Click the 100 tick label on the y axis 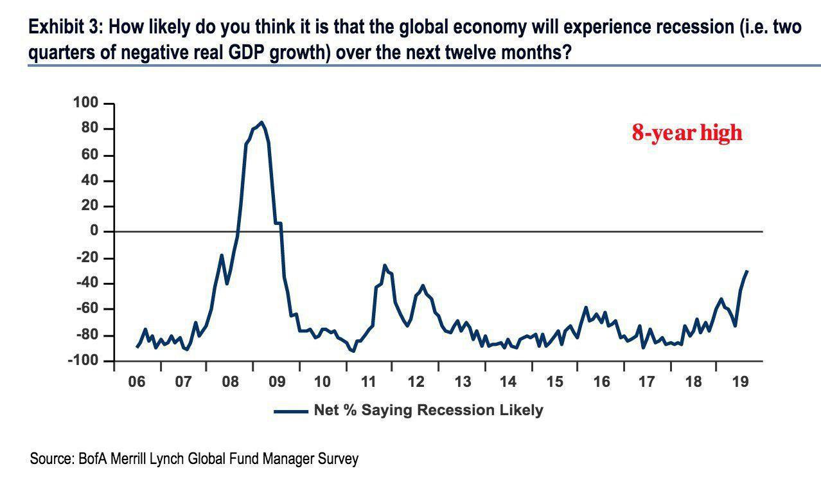click(x=84, y=103)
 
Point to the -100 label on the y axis click(x=82, y=361)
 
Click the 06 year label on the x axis click(x=137, y=382)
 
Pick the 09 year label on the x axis click(x=276, y=382)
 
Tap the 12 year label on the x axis click(x=416, y=382)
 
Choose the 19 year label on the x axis click(x=739, y=382)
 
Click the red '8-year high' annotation click(x=687, y=133)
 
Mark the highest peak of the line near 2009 click(x=261, y=122)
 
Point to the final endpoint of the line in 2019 click(x=747, y=271)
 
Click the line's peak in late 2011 click(x=384, y=265)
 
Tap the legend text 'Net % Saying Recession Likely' click(x=428, y=410)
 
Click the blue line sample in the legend click(x=290, y=411)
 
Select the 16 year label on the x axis click(x=601, y=382)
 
